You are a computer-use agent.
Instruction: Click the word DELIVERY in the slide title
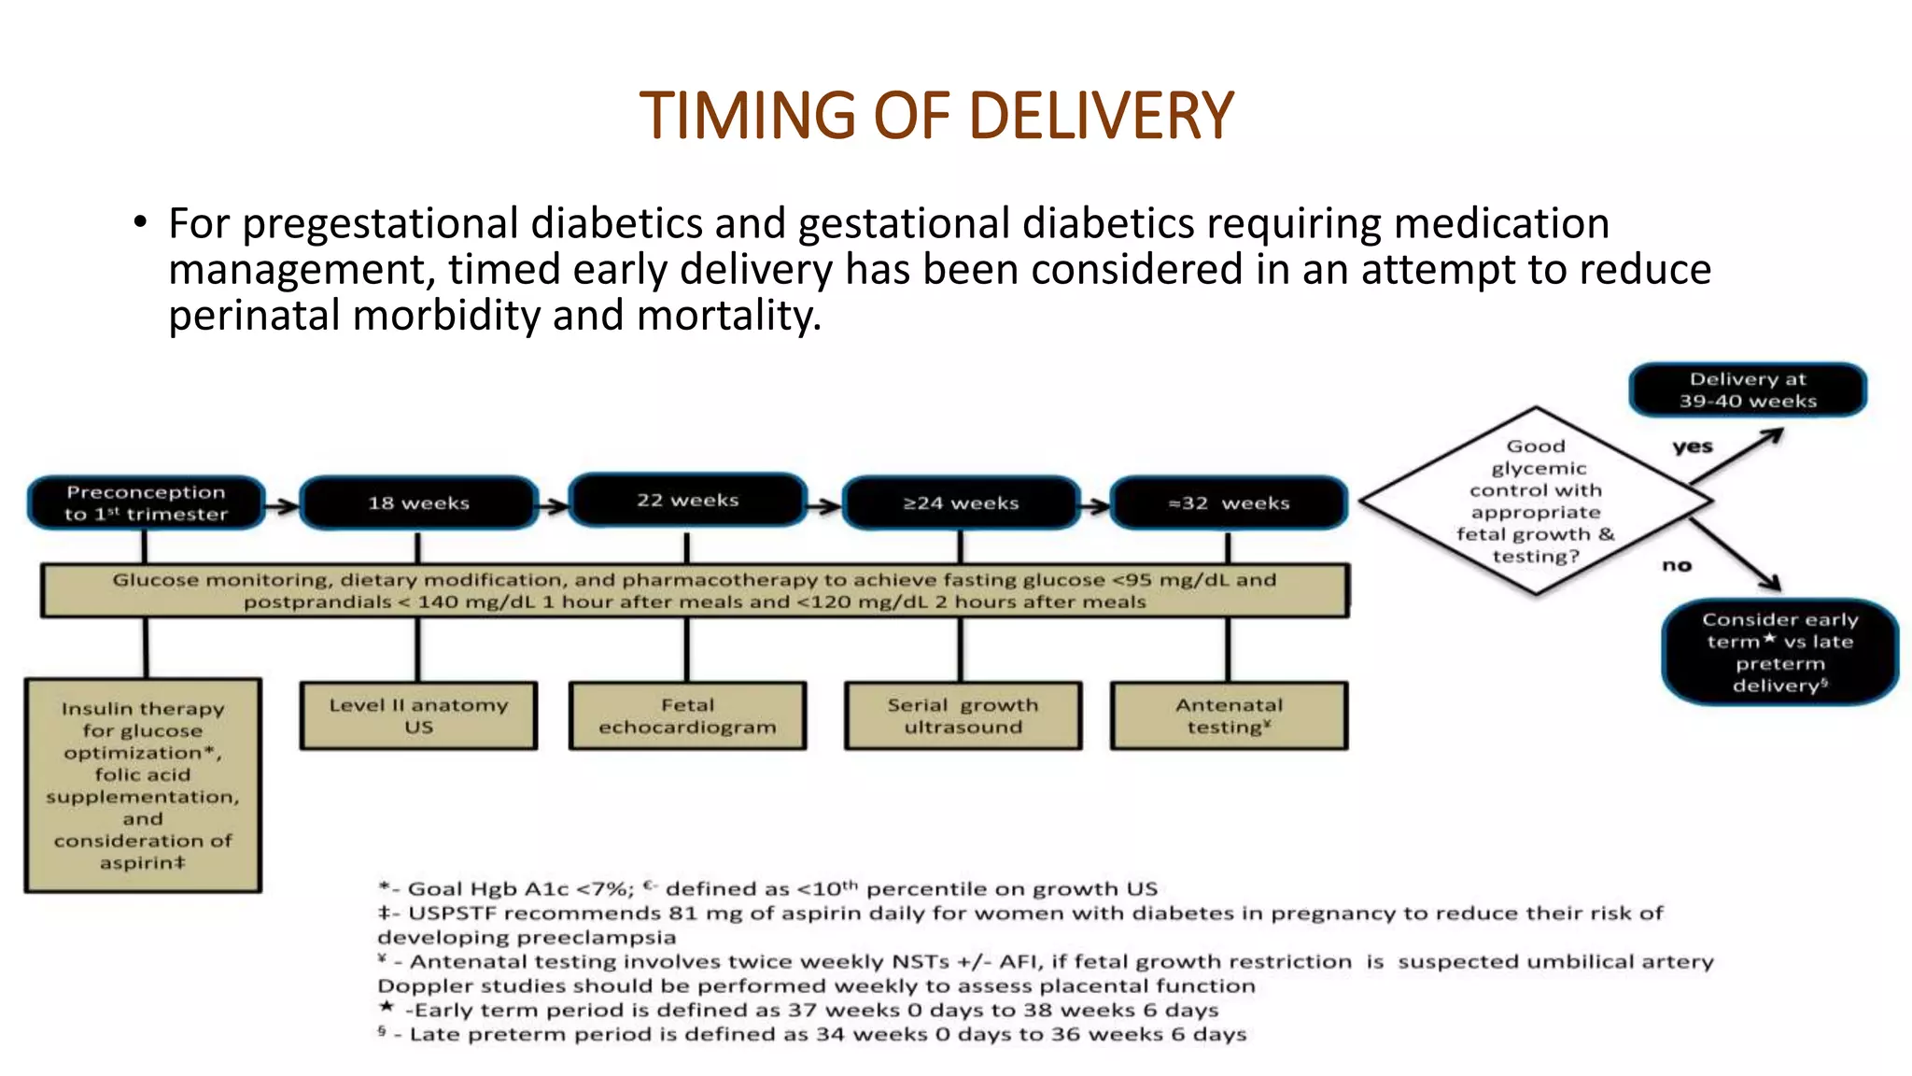coord(1102,116)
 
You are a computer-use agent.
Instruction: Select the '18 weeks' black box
coord(418,503)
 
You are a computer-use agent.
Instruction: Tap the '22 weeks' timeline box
coord(688,500)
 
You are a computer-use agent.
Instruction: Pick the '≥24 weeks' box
coord(961,503)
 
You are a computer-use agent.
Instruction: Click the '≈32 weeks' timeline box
coord(1229,503)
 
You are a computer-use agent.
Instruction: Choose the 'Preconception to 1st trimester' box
coord(146,503)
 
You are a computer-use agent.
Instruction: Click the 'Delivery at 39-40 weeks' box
coord(1748,389)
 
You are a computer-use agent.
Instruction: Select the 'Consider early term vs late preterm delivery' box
coord(1779,652)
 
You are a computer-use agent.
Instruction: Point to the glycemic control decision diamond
coord(1536,501)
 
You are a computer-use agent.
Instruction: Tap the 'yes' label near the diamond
coord(1693,446)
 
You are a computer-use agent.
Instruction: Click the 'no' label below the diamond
coord(1677,565)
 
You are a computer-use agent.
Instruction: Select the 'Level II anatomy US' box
coord(418,715)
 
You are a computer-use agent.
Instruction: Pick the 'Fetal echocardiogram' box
coord(687,715)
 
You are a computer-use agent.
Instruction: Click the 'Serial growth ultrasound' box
coord(963,715)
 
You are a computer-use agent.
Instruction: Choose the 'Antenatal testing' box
coord(1229,715)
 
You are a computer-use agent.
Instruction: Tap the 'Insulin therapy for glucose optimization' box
coord(143,785)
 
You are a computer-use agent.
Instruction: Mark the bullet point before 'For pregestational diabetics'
coord(140,223)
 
